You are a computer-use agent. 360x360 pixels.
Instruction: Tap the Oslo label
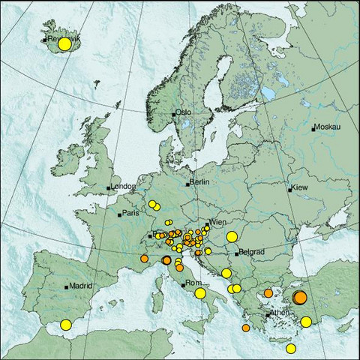click(x=184, y=112)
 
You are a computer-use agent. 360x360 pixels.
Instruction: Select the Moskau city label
click(x=327, y=127)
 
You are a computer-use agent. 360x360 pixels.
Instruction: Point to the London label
click(x=122, y=187)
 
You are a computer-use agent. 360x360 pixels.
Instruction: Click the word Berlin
click(x=199, y=182)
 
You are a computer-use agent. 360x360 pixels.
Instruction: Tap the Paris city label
click(x=132, y=214)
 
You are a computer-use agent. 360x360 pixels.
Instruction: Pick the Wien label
click(x=218, y=223)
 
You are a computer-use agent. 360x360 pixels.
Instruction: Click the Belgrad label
click(x=250, y=253)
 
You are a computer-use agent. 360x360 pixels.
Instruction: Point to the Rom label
click(x=193, y=283)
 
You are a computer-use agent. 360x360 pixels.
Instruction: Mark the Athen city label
click(x=279, y=313)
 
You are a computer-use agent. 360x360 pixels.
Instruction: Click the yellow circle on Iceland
click(x=64, y=44)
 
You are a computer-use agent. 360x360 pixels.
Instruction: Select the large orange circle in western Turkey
click(x=299, y=298)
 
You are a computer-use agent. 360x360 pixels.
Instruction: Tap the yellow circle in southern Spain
click(x=66, y=325)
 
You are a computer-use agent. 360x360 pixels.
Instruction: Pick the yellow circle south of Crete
click(x=291, y=347)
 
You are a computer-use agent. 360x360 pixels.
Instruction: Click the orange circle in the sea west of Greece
click(x=246, y=328)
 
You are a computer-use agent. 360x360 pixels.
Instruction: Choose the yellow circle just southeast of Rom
click(x=200, y=293)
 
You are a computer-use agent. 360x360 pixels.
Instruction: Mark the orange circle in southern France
click(x=144, y=259)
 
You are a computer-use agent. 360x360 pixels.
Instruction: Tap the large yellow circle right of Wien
click(x=232, y=237)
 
